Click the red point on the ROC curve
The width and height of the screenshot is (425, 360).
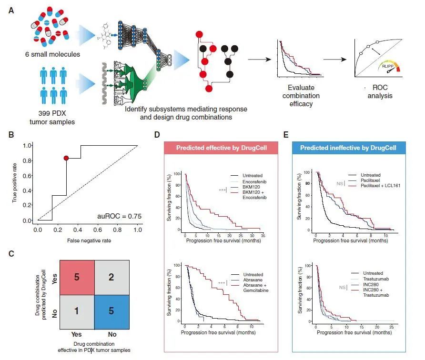(66, 158)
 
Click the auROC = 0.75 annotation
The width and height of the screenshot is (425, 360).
(119, 216)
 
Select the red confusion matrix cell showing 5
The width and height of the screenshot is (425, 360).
(77, 278)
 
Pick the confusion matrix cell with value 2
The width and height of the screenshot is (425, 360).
(111, 278)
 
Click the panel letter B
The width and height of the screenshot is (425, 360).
(11, 135)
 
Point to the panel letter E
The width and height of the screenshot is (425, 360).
(286, 135)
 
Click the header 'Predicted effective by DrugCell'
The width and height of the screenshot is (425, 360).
(222, 148)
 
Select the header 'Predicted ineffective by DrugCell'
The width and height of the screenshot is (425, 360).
(348, 148)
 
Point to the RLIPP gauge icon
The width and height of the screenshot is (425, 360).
(389, 67)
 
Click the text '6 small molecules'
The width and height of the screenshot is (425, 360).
(52, 54)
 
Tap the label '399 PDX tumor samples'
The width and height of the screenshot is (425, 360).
(52, 118)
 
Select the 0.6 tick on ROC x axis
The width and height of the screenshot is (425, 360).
(98, 230)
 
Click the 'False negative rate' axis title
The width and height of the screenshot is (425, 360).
(89, 240)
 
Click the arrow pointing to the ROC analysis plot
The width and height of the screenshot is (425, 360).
(335, 60)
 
